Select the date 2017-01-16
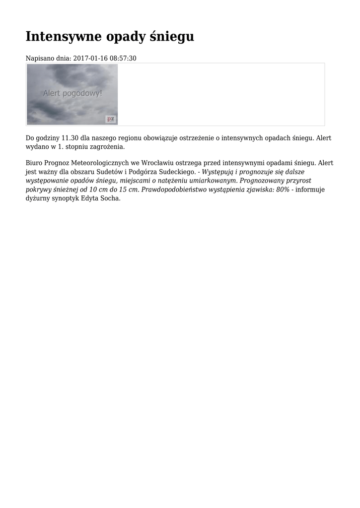[90, 59]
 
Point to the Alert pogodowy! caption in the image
[72, 93]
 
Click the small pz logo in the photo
[111, 119]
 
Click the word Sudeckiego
[178, 172]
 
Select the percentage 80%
[282, 190]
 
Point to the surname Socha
[110, 198]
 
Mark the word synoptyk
[64, 198]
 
